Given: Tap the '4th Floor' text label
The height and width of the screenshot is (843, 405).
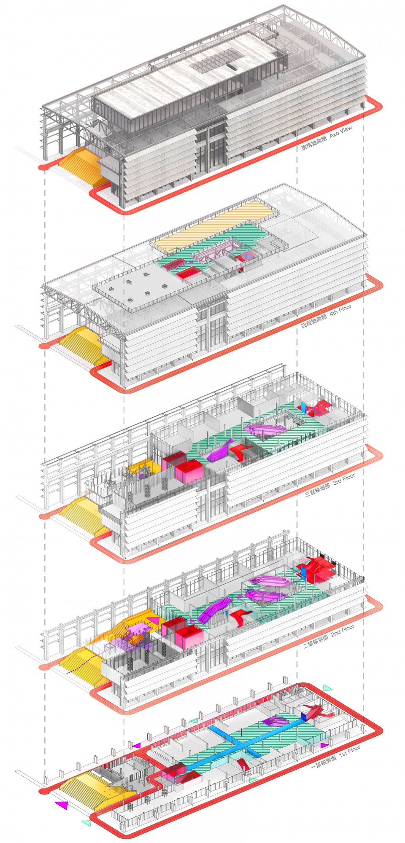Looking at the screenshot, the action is click(341, 311).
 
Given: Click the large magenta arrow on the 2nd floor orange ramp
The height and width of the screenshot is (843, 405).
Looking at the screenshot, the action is click(153, 621).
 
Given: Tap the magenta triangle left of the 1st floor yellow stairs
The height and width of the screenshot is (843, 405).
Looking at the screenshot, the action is click(62, 805).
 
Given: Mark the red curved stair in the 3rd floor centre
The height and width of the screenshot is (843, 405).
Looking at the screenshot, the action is click(241, 451).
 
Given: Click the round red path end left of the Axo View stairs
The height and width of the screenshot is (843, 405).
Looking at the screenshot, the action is click(42, 167).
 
